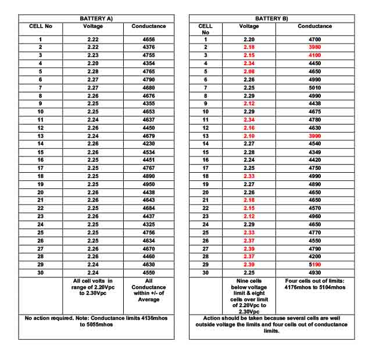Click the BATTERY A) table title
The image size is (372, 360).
point(96,19)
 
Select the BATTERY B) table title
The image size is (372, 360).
point(271,19)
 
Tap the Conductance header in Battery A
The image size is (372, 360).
point(149,26)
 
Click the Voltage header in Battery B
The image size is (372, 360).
point(249,26)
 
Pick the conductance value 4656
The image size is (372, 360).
point(149,38)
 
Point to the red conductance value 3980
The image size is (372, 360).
point(315,47)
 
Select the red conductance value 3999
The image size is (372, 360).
point(315,135)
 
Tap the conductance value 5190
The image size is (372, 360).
point(315,264)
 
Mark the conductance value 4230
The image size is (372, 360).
point(149,143)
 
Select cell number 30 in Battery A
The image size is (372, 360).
point(41,272)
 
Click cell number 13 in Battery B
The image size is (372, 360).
point(205,135)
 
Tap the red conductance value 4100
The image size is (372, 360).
point(315,55)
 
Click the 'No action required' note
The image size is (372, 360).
point(96,322)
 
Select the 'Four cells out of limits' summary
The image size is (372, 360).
point(315,285)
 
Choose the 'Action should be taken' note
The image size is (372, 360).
point(271,325)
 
